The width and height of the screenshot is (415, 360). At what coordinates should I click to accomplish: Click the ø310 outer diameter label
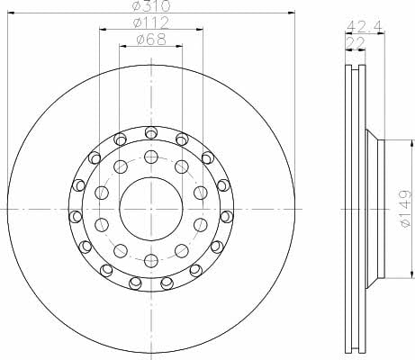pos(151,5)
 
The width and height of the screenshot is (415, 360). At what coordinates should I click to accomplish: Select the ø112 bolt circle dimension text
pos(151,22)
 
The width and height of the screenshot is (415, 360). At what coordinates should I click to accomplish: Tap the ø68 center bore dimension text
pos(151,39)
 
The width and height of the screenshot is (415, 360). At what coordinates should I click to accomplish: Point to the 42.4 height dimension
pos(365,27)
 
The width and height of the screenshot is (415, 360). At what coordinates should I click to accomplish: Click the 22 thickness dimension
pos(356,42)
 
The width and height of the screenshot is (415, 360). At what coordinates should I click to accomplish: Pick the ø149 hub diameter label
pos(405,209)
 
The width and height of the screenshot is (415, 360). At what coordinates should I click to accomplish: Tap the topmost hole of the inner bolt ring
pos(151,157)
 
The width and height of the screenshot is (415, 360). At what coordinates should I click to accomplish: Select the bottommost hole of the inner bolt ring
pos(151,260)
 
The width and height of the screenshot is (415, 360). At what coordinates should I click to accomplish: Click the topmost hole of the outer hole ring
pos(151,132)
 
